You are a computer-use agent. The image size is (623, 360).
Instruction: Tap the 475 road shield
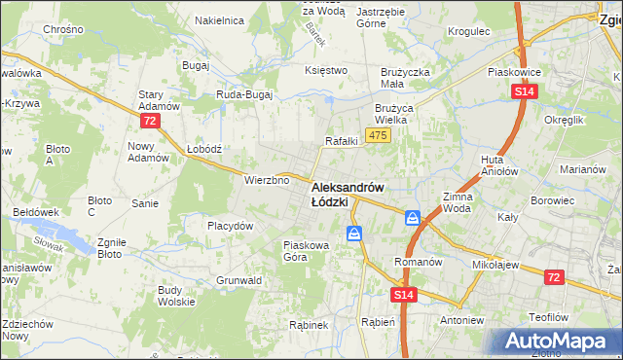379,135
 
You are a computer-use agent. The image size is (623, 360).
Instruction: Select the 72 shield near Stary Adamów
149,121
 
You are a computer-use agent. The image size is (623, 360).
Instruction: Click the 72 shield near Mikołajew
554,278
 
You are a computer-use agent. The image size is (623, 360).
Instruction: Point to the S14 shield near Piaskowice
524,91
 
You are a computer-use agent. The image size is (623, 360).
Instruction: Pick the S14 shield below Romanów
405,294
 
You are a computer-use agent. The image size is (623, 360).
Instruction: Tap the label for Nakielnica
219,19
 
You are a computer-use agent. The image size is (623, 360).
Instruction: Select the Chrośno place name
63,30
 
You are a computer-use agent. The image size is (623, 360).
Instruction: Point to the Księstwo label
326,70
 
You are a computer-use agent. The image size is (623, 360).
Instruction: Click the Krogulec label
468,31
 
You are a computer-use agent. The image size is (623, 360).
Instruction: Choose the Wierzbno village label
268,180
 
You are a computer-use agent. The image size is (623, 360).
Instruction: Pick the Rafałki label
342,141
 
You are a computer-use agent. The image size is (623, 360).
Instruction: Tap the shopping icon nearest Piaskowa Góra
354,234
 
